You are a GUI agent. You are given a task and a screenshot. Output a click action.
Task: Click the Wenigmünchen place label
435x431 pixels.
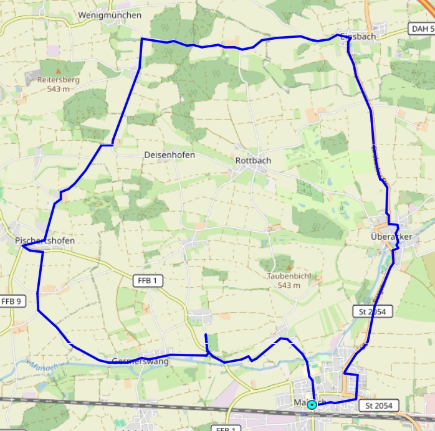tap(110, 15)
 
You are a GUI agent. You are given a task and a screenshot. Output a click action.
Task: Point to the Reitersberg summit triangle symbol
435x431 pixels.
tap(59, 71)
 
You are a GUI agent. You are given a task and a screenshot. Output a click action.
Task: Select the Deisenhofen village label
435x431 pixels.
tap(169, 155)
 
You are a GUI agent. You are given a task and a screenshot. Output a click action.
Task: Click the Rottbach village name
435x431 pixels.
tap(253, 160)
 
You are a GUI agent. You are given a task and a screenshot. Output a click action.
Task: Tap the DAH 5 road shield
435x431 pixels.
tap(422, 29)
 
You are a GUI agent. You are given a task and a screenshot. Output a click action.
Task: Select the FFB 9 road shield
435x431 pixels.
tap(11, 301)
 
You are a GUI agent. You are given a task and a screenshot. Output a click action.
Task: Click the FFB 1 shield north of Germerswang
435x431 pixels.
tap(148, 281)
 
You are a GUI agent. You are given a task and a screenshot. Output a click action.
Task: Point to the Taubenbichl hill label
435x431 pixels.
tap(289, 276)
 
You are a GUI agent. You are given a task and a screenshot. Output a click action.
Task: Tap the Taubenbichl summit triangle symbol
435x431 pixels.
tap(288, 267)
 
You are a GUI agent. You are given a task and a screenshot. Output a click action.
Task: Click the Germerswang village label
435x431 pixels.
tap(140, 361)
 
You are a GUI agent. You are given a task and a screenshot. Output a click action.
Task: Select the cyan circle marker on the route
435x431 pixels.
tap(311, 405)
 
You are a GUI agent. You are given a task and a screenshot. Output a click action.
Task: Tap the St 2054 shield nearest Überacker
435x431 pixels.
tap(372, 311)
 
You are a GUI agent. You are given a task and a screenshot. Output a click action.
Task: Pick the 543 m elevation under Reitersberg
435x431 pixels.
tap(59, 89)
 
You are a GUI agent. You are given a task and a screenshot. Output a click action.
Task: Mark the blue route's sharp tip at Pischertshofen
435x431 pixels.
tap(22, 246)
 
